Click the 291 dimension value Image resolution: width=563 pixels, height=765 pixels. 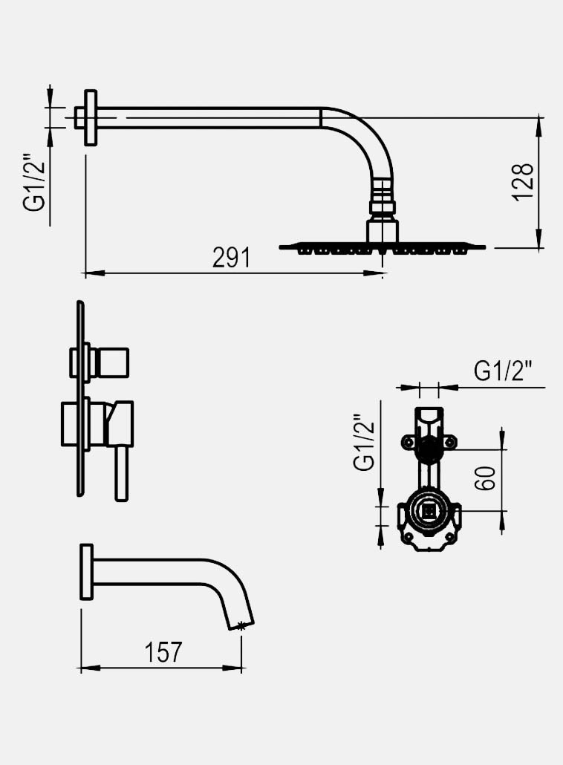pos(231,258)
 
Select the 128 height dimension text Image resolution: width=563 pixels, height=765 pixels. pos(523,180)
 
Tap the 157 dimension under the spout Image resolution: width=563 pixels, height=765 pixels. pos(163,652)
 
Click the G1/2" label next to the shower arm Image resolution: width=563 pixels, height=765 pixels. pos(36,183)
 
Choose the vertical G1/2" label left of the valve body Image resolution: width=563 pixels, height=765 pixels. pos(364,443)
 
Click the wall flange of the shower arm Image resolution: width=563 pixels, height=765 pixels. pos(91,118)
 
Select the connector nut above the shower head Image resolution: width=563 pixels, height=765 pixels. pos(383,203)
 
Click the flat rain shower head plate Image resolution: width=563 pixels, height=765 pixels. pos(383,246)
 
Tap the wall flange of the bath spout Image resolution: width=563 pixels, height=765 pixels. pos(86,571)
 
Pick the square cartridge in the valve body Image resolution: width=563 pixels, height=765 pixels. pos(429,511)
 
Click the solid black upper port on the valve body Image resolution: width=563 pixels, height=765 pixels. pos(428,447)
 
